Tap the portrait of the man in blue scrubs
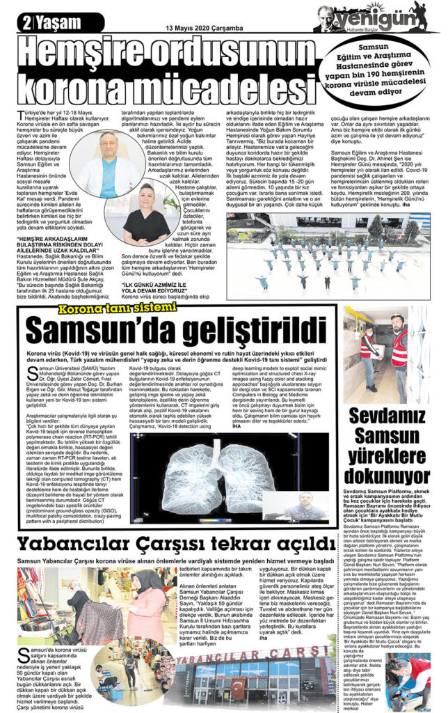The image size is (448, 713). tap(107, 163)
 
